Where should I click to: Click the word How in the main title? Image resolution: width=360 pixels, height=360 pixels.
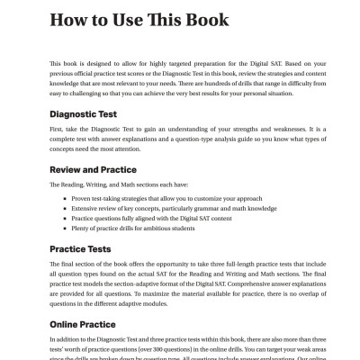coord(69,20)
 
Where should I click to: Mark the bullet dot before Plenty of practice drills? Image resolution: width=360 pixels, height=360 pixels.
coord(64,229)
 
